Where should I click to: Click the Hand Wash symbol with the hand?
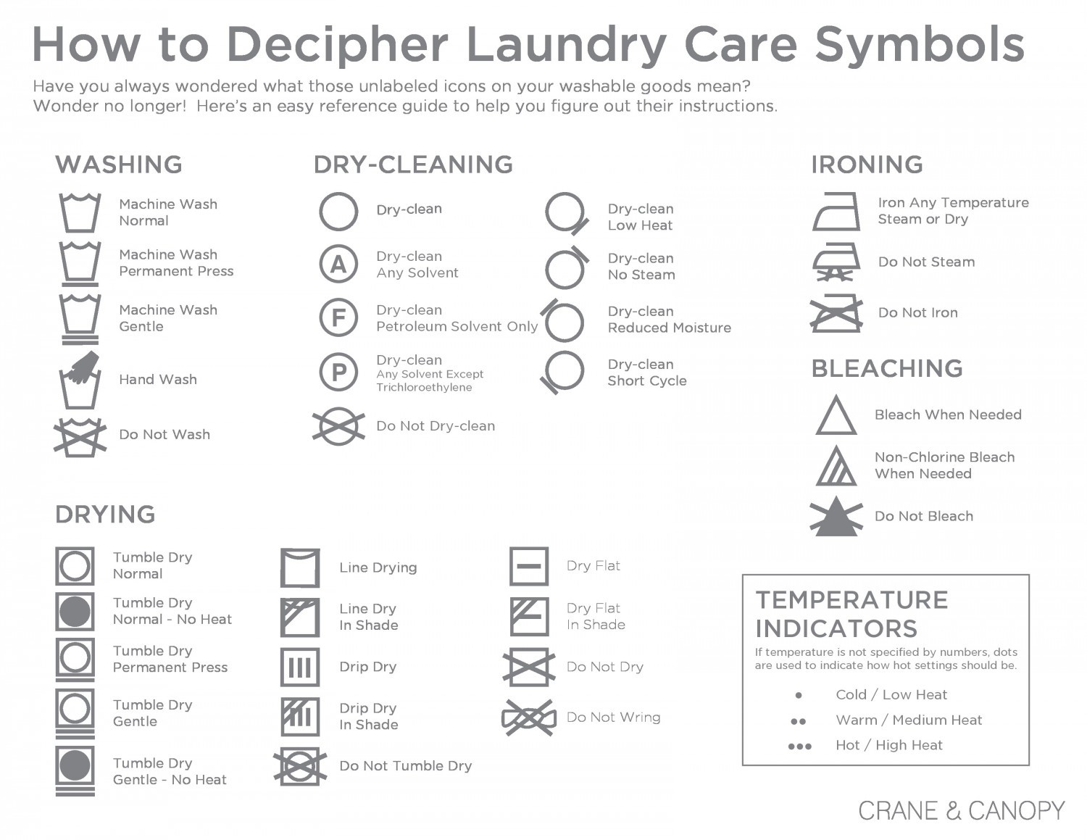[80, 381]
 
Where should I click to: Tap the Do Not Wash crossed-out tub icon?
[80, 437]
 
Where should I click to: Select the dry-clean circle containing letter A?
[338, 264]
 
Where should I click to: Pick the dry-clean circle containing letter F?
[338, 317]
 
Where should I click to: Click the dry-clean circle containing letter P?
[338, 372]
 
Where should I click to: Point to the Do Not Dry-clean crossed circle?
[338, 426]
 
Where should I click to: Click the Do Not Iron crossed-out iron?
[836, 313]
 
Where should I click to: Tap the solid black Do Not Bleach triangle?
[836, 516]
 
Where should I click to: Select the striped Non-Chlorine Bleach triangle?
[836, 466]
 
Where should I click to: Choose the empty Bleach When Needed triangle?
[836, 415]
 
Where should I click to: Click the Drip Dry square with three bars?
[300, 667]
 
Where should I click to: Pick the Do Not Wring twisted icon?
[529, 718]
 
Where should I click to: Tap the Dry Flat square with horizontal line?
[529, 566]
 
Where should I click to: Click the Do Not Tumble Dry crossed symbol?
[300, 767]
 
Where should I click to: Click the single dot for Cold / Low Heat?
[799, 695]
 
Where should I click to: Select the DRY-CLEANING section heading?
[413, 165]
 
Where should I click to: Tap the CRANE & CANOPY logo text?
[962, 810]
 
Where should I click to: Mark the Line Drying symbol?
[300, 567]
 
